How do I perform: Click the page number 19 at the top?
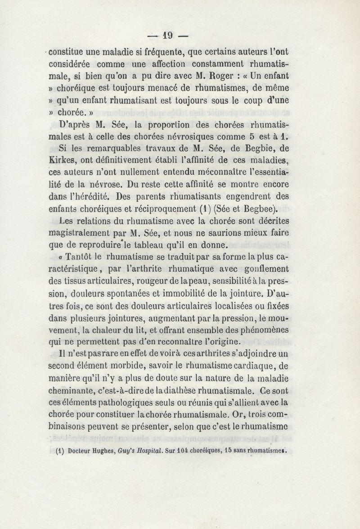point(168,34)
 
